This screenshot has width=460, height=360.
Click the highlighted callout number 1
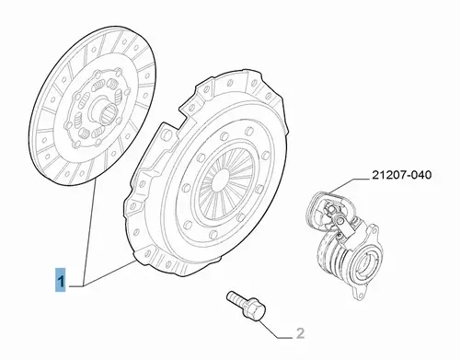tap(61, 279)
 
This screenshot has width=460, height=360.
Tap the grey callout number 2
tap(301, 333)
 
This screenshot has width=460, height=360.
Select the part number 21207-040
tap(401, 175)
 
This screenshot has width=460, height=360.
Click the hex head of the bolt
tap(256, 309)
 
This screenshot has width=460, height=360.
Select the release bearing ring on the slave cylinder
tap(367, 264)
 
